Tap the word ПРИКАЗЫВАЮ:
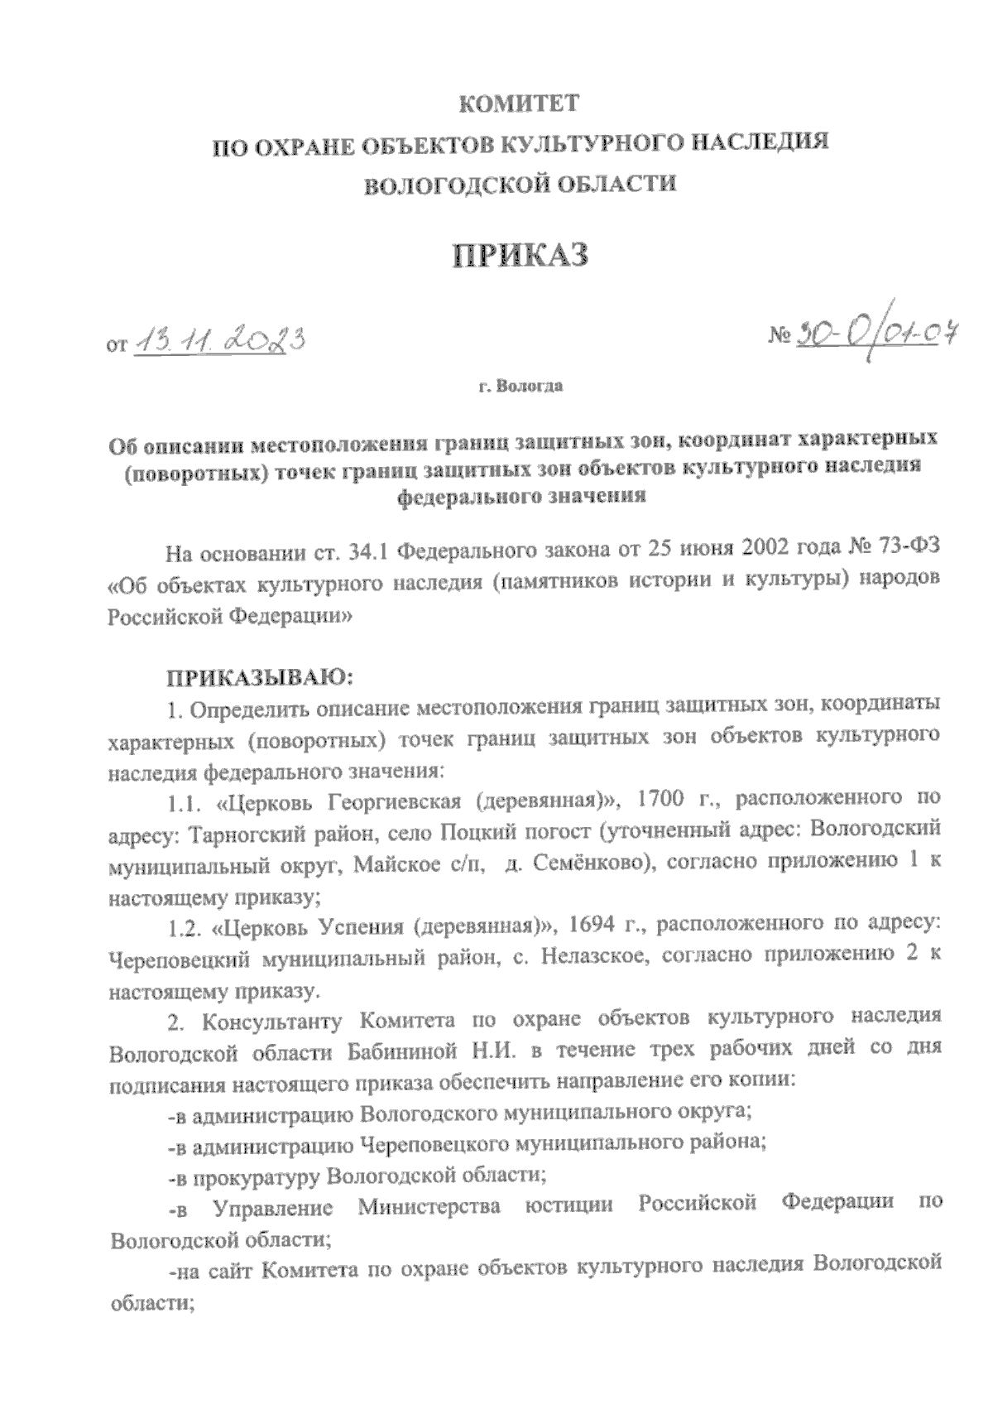coord(261,679)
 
